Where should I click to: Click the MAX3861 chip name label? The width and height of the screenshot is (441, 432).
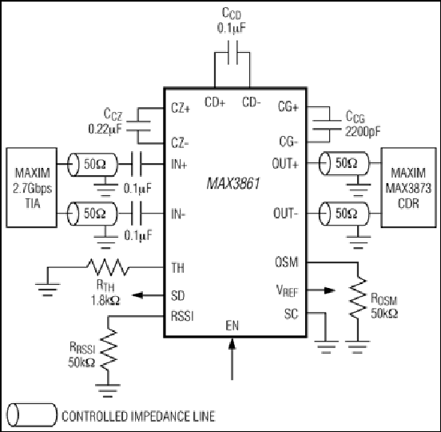point(233,184)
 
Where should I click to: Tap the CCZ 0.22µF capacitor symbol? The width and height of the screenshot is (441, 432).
point(138,126)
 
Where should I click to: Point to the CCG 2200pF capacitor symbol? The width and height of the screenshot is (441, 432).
point(327,125)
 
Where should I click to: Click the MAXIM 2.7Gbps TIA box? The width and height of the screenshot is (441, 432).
point(31,187)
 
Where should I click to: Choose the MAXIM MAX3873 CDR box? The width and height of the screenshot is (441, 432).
point(409,187)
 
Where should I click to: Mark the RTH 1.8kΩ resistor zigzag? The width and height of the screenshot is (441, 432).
point(107,266)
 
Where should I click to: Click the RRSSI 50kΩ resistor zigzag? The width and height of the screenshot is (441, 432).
point(109,350)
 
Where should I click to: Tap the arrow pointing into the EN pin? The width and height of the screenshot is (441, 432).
point(232,358)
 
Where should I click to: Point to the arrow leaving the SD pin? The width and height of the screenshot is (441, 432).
point(148,295)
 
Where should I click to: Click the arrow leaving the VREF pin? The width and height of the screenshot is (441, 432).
point(320,290)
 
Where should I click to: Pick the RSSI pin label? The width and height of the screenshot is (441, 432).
point(182,316)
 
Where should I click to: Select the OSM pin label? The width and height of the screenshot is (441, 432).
point(286,262)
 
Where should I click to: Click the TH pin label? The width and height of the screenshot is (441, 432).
point(177,267)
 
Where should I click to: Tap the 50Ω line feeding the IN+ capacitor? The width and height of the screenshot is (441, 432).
point(93,165)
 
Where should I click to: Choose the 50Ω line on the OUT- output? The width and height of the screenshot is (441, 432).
point(344,214)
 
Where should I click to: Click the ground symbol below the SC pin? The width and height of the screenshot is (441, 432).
point(326,347)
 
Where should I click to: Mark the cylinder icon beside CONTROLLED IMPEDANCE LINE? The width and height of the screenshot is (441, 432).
point(32,415)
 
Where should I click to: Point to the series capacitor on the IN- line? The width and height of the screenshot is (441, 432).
point(136,213)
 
